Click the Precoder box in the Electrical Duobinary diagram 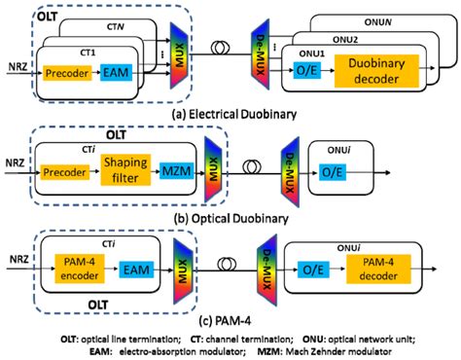[70, 73]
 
